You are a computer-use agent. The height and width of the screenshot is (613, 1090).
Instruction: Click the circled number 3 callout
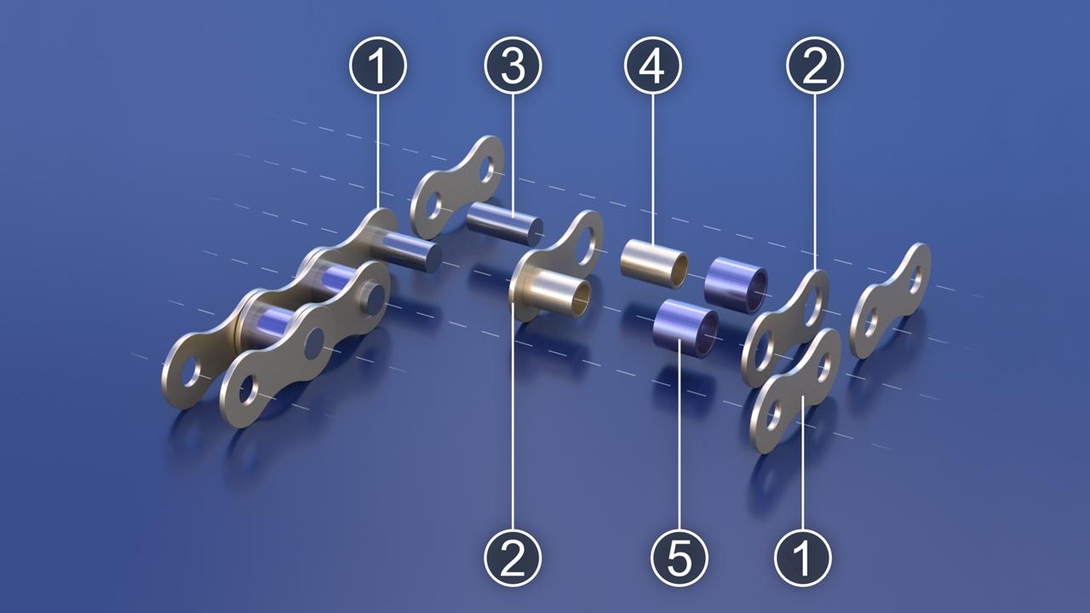(513, 66)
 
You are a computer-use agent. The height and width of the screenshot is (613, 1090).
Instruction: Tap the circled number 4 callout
(652, 66)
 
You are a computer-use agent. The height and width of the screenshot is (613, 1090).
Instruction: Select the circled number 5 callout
(680, 558)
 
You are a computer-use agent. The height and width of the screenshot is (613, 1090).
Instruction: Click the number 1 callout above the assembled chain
(378, 66)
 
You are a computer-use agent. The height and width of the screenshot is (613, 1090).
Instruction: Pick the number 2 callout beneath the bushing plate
(513, 558)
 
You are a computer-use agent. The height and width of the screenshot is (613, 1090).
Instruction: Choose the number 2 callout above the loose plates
(815, 66)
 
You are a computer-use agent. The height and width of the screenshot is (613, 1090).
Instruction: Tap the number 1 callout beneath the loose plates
(803, 558)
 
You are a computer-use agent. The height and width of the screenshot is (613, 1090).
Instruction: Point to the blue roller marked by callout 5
(686, 329)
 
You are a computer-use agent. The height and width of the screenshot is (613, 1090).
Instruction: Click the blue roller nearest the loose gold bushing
(737, 280)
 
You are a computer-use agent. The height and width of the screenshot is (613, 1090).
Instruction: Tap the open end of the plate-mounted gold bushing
(581, 299)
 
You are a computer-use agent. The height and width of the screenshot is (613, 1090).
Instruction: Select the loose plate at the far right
(890, 301)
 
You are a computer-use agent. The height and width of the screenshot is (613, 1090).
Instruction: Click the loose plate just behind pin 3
(457, 186)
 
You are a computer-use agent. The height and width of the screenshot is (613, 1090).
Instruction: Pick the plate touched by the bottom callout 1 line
(796, 391)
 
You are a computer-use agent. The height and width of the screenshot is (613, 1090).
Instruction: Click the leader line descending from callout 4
(652, 168)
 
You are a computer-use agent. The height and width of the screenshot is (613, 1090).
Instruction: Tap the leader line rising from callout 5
(680, 434)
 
